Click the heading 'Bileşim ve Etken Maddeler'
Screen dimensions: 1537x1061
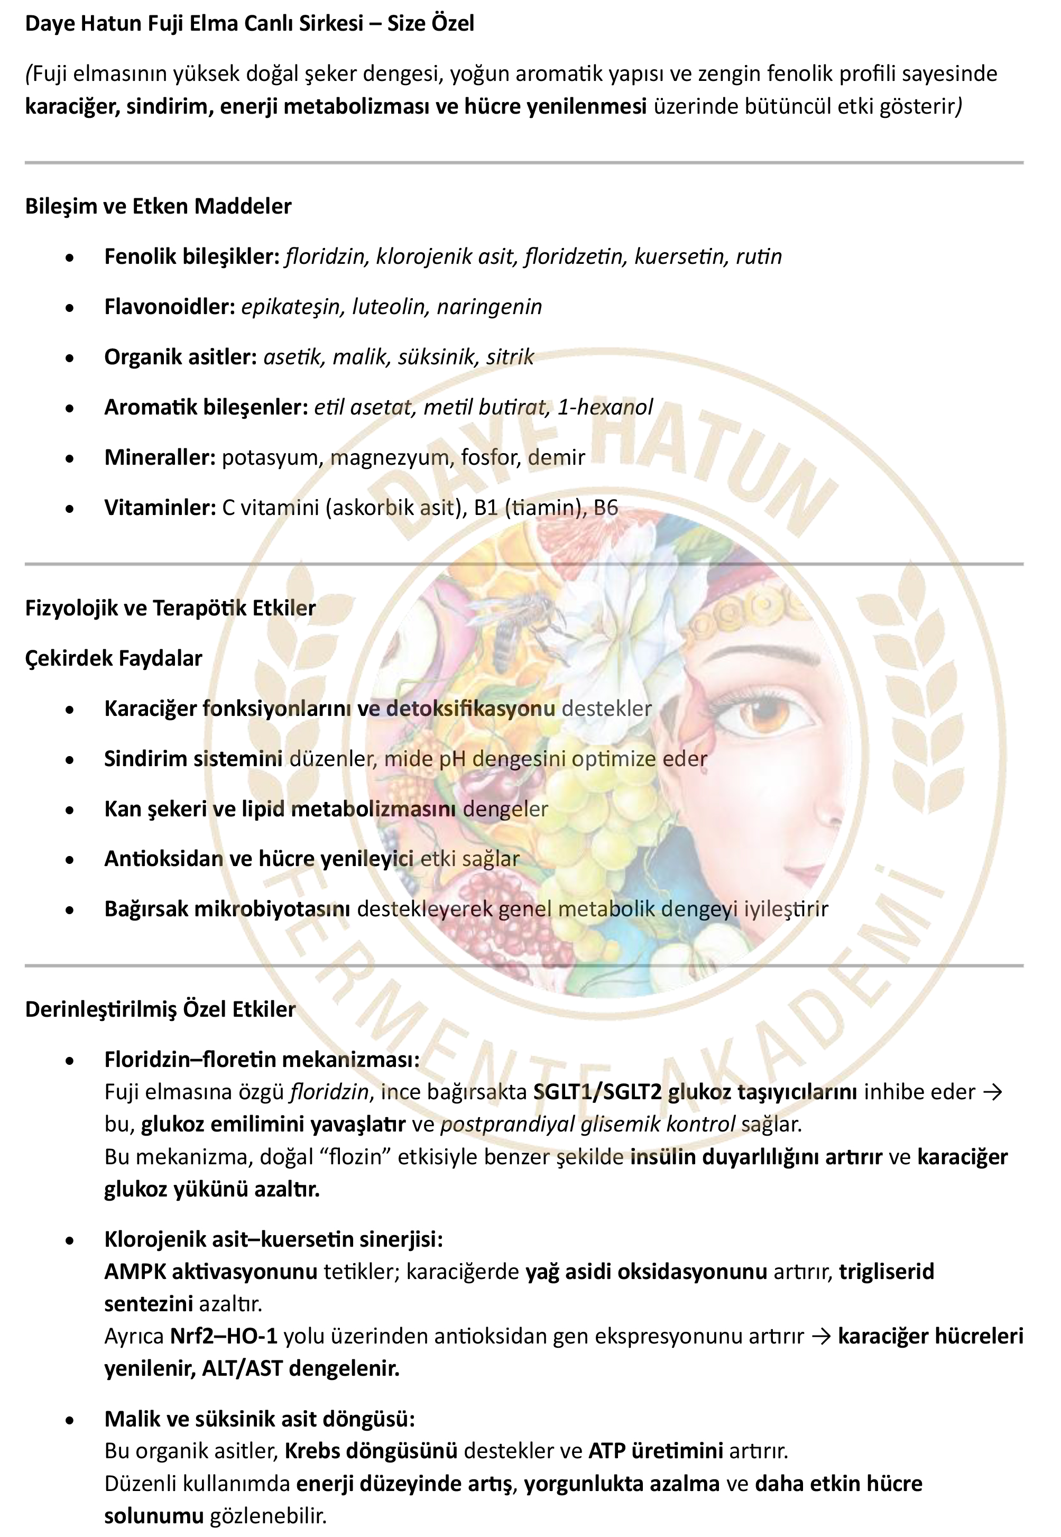coord(158,206)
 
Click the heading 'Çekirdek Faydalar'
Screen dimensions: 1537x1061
coord(114,658)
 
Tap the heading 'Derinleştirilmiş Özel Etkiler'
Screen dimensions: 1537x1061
coord(160,1009)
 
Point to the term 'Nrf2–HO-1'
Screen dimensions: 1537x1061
coord(224,1336)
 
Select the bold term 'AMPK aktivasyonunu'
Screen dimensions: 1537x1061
coord(211,1272)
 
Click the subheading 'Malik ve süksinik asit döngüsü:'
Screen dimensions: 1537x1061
coord(259,1419)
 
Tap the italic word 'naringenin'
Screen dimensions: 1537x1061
coord(490,307)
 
